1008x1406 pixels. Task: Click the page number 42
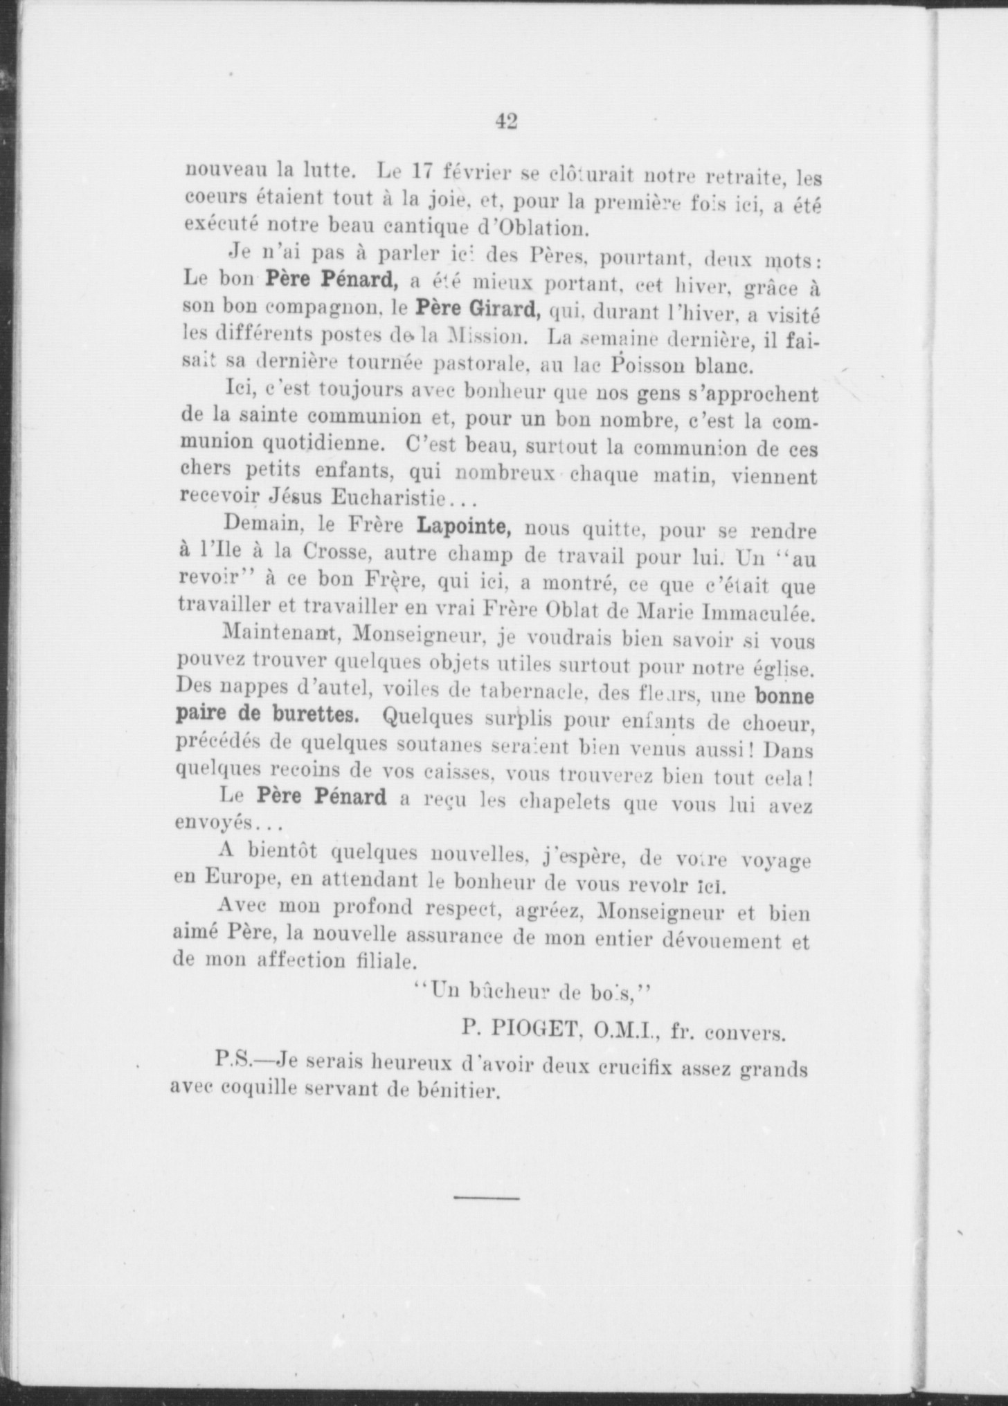pos(506,122)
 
